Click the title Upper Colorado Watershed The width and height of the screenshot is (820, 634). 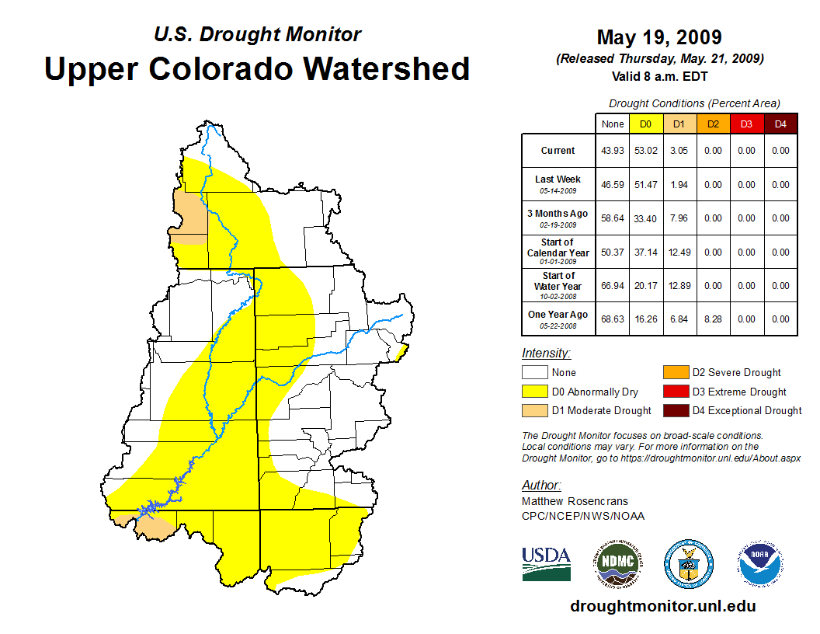pyautogui.click(x=257, y=68)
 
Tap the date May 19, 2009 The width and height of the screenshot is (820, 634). pyautogui.click(x=659, y=37)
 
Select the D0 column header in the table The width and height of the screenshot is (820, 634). pyautogui.click(x=646, y=124)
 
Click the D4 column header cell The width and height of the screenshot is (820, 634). pyautogui.click(x=780, y=124)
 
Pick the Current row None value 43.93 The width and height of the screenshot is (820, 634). pyautogui.click(x=613, y=151)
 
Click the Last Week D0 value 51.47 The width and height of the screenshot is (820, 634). pyautogui.click(x=646, y=185)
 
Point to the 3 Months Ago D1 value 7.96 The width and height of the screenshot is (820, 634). pyautogui.click(x=679, y=218)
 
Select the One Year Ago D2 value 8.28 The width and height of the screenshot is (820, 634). pyautogui.click(x=713, y=319)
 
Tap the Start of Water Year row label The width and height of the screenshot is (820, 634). pyautogui.click(x=558, y=285)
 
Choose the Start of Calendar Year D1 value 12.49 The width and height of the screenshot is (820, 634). pyautogui.click(x=679, y=253)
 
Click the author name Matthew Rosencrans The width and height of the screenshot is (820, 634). pyautogui.click(x=575, y=501)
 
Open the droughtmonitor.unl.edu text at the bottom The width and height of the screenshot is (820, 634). pyautogui.click(x=662, y=606)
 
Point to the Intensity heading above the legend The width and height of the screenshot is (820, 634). pyautogui.click(x=546, y=354)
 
